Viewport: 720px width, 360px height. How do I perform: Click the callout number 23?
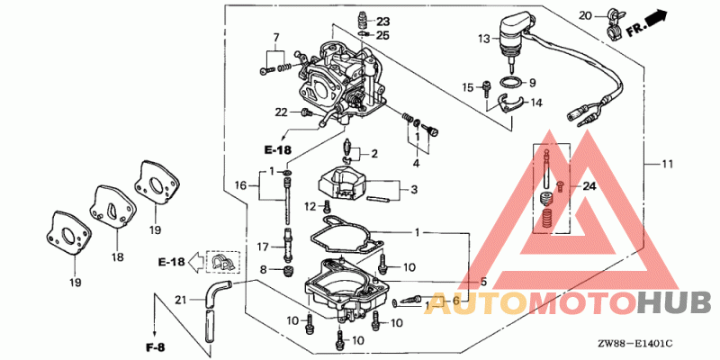point(382,21)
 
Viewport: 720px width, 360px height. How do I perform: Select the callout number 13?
point(484,39)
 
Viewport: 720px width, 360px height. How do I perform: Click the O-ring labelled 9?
point(511,83)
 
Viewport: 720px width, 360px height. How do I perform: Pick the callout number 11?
point(667,164)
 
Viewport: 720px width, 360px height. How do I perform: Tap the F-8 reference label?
point(154,347)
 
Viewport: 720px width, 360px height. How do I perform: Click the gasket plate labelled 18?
point(109,205)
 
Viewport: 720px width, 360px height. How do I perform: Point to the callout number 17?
point(262,247)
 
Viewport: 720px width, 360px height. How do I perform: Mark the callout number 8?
point(263,269)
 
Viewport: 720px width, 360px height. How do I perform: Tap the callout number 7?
point(276,37)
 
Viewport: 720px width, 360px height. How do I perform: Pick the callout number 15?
point(467,87)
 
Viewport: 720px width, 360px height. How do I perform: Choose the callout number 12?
point(310,207)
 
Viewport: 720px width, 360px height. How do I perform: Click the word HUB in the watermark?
point(674,303)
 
